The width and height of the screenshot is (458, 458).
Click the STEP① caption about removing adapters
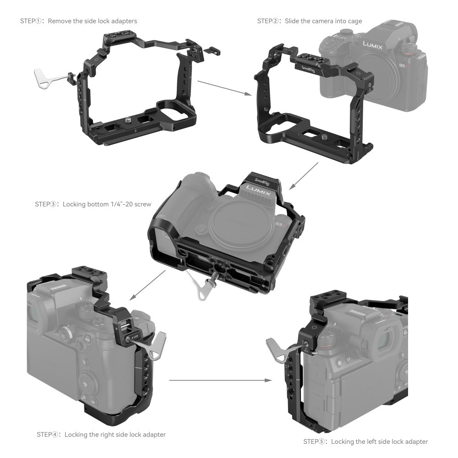[x=78, y=21]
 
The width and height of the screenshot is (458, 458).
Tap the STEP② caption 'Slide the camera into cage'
[x=310, y=21]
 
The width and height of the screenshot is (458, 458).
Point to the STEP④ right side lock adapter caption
[x=101, y=434]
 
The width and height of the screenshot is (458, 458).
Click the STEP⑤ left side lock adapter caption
[x=365, y=442]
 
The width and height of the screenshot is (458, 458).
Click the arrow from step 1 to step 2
[x=224, y=88]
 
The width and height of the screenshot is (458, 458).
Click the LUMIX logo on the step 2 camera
[x=373, y=44]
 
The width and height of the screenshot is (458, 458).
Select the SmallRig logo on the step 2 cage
[x=308, y=69]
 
